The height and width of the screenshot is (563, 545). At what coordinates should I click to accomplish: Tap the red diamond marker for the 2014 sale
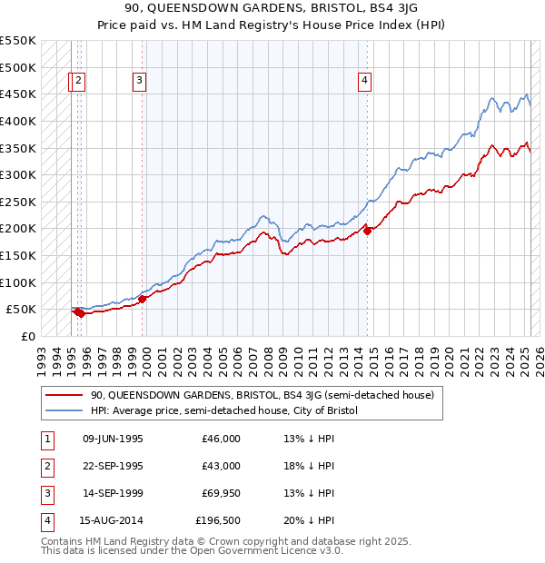(x=368, y=231)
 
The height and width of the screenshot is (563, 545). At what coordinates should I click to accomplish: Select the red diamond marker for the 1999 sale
(x=143, y=298)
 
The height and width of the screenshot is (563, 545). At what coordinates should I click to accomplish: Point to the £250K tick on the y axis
(x=18, y=202)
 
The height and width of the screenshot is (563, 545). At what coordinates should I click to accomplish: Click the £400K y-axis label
(x=18, y=121)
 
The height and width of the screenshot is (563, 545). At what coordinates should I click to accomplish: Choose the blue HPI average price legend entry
(x=224, y=410)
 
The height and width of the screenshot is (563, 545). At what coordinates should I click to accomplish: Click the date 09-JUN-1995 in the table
(x=113, y=439)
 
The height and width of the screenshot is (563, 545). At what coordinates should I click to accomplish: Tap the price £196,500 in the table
(x=218, y=520)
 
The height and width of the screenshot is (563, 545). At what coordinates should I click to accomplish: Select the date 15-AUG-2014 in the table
(x=113, y=520)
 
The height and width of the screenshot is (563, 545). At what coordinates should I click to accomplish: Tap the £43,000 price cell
(x=221, y=466)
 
